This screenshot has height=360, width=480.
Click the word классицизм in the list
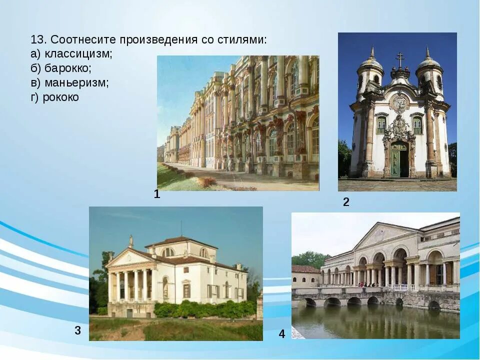[x=78, y=53]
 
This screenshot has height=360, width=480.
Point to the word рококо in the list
[x=60, y=97]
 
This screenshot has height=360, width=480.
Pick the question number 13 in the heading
[x=37, y=39]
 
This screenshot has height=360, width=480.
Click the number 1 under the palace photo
[x=157, y=194]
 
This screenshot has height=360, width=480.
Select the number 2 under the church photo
[x=345, y=202]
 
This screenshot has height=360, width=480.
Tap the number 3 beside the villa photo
[x=78, y=330]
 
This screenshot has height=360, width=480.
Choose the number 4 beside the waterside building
[x=282, y=334]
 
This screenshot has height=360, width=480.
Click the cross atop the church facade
[x=399, y=59]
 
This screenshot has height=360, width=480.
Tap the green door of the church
[x=398, y=159]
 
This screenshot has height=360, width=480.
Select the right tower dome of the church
[x=428, y=62]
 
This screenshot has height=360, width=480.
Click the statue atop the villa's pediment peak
[x=131, y=241]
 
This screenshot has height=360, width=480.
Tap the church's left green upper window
[x=381, y=125]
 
